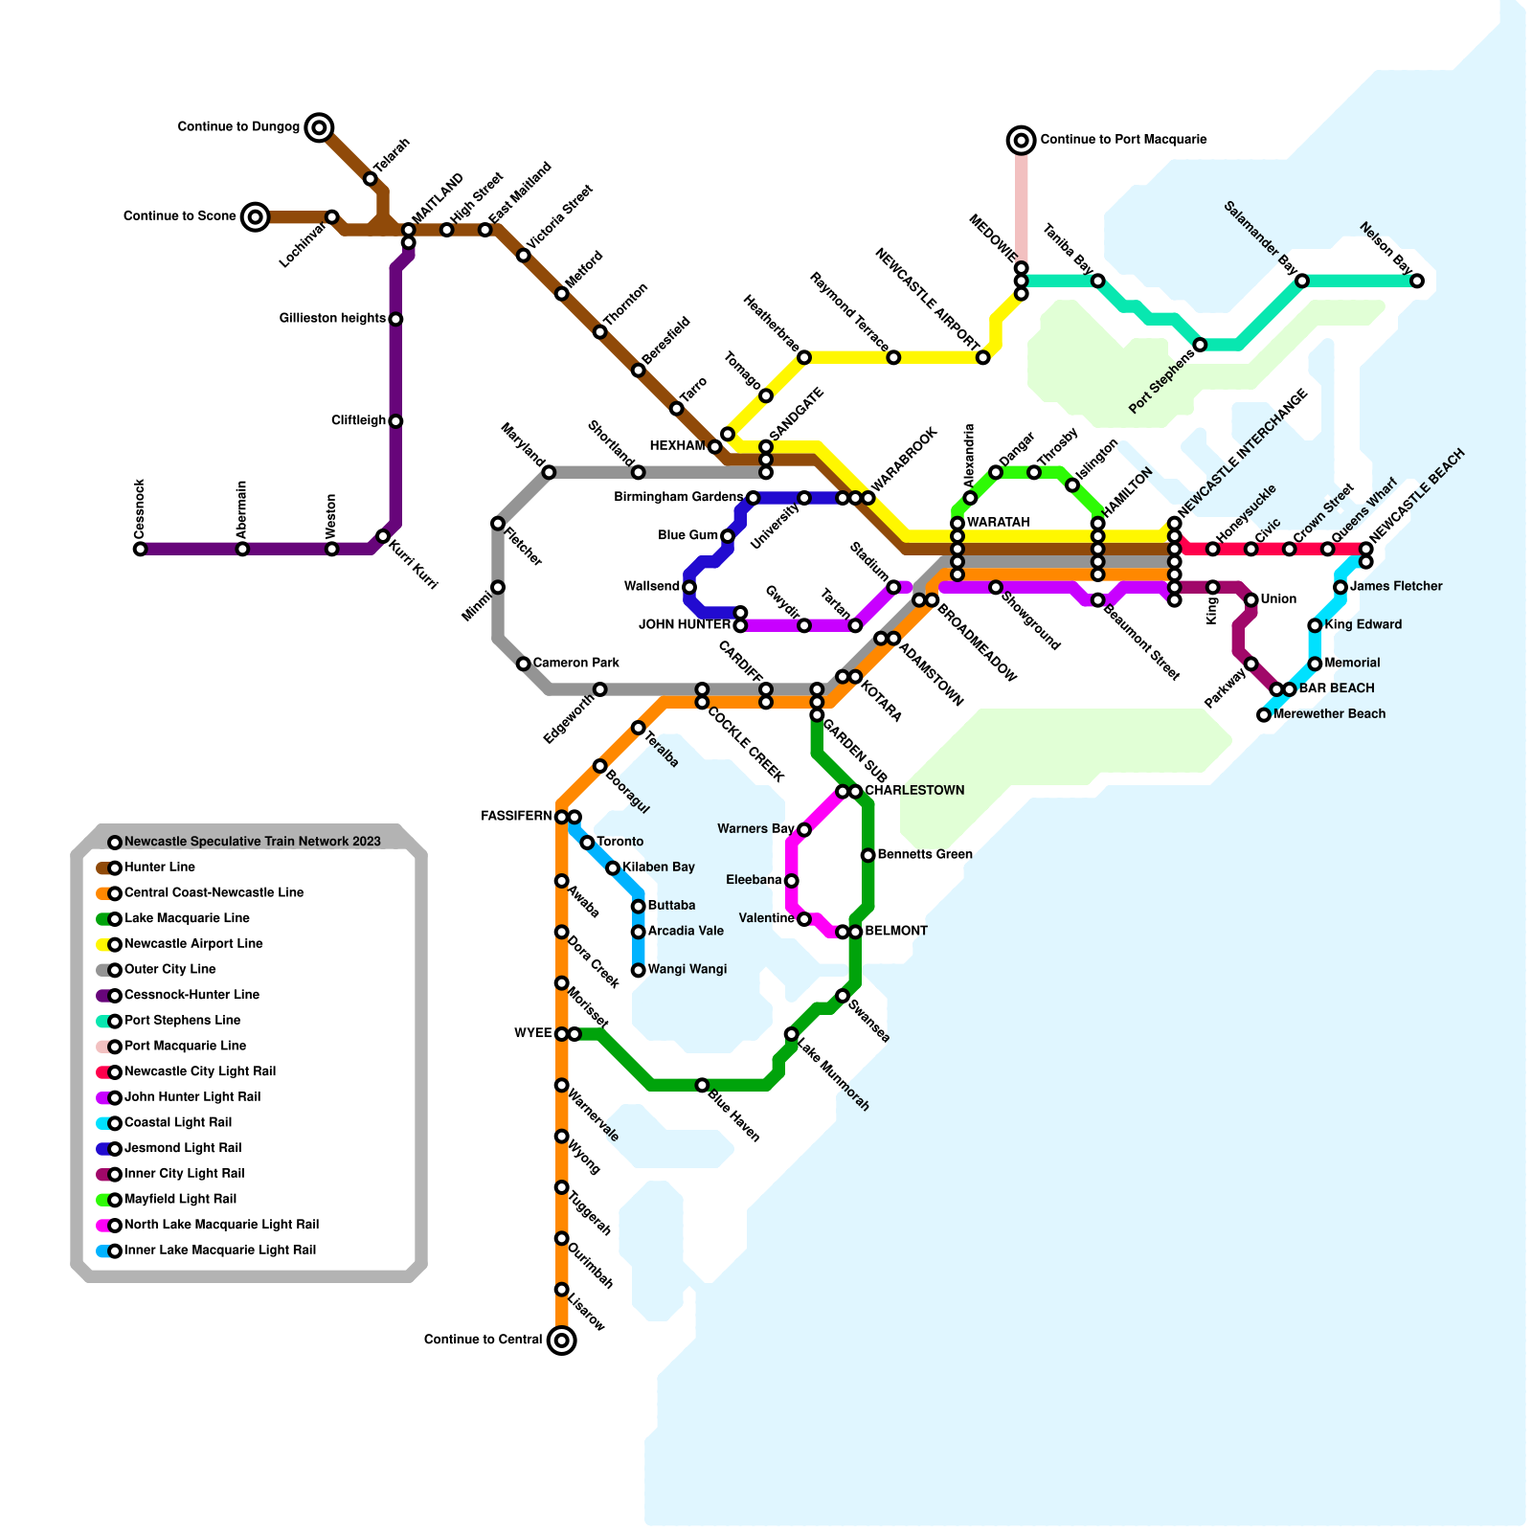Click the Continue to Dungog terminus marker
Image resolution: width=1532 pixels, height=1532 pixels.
(x=320, y=126)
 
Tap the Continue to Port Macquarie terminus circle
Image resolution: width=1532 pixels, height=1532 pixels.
(x=1022, y=140)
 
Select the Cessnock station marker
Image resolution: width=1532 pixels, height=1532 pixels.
(x=140, y=549)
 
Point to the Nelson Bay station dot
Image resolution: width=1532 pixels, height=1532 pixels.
(x=1417, y=281)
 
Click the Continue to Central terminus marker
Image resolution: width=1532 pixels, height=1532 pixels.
(x=562, y=1340)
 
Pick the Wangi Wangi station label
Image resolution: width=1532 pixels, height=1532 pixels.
(x=687, y=969)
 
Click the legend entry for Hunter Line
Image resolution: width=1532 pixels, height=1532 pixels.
(x=160, y=867)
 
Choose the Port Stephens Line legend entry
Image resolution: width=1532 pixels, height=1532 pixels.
(x=182, y=1021)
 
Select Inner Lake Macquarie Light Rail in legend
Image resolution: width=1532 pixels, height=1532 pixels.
(x=219, y=1250)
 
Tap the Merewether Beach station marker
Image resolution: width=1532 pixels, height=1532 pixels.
(x=1264, y=714)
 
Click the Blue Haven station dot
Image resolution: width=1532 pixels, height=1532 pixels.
(x=702, y=1085)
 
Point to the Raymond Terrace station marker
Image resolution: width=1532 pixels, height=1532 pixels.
(x=893, y=357)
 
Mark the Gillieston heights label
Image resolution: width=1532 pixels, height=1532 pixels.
(x=332, y=318)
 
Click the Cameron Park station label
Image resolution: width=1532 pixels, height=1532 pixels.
(x=576, y=663)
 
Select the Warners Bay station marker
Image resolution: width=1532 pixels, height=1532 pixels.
(x=804, y=829)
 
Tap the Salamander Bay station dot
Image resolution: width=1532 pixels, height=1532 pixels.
(x=1302, y=281)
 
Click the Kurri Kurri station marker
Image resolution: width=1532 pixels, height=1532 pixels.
(x=383, y=536)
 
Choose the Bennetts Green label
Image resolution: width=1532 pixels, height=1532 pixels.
(x=925, y=854)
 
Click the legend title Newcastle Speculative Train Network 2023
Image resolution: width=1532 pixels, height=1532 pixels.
(x=253, y=842)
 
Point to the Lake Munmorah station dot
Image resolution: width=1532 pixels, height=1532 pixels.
(x=791, y=1034)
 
